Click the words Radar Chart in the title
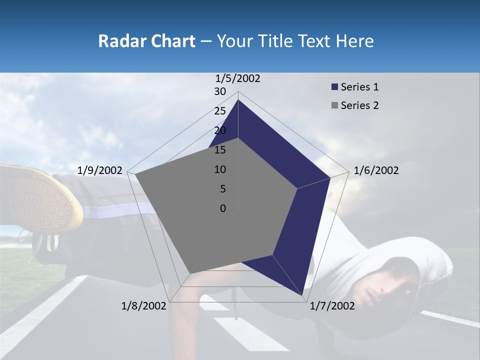146,41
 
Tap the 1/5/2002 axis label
238,78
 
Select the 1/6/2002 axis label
376,170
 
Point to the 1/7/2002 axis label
332,306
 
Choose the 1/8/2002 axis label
144,306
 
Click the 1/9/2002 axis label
100,170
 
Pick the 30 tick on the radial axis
220,91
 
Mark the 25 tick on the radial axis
220,111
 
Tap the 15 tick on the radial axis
220,150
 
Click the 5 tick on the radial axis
222,189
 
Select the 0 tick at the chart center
223,208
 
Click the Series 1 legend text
359,87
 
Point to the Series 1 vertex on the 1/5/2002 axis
238,99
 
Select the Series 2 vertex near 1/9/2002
135,174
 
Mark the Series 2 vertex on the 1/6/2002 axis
297,188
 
